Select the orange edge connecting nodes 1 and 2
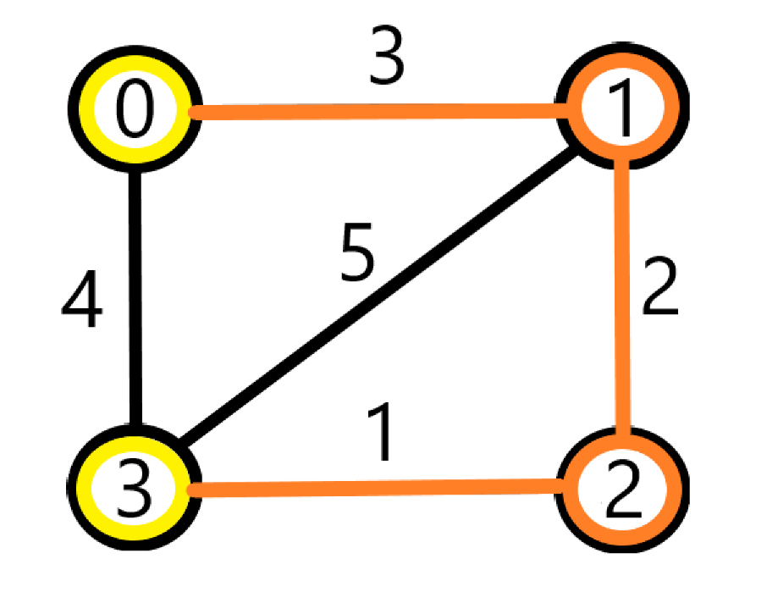click(x=625, y=296)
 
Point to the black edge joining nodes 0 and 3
click(x=135, y=296)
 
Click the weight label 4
click(x=82, y=301)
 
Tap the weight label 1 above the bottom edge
click(x=383, y=436)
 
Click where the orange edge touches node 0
click(x=190, y=111)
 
